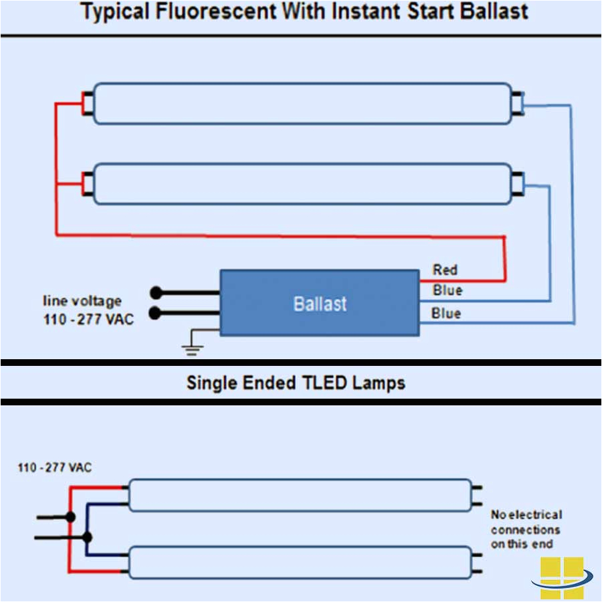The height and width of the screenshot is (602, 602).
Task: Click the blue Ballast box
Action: pos(320,303)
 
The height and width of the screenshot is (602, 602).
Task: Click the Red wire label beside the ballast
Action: pos(445,270)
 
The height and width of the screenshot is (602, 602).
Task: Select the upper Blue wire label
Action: pos(447,290)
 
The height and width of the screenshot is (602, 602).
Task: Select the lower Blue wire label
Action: pos(446,313)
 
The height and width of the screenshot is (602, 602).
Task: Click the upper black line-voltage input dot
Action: pos(156,292)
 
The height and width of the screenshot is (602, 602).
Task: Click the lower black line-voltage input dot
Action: pos(156,312)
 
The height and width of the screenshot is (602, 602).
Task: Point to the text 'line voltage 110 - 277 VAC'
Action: pos(88,310)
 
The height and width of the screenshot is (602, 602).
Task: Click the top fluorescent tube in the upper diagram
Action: pos(301,103)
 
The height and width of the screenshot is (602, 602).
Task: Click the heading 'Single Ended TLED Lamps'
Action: pos(296,383)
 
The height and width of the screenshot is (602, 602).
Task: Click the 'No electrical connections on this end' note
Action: pos(526,529)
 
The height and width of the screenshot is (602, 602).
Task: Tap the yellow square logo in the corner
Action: pos(562,578)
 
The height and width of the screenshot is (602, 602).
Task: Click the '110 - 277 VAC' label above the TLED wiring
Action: pos(55,468)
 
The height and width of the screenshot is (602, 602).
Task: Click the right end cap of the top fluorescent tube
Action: pos(517,103)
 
